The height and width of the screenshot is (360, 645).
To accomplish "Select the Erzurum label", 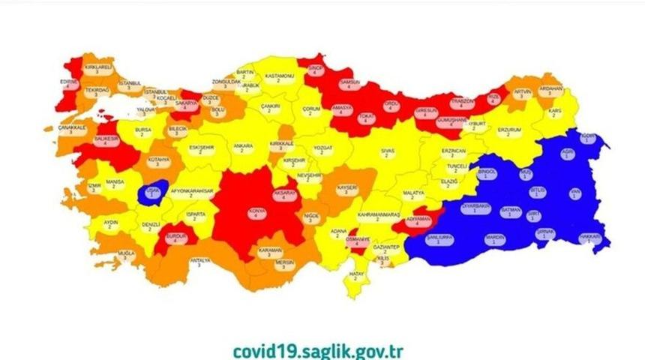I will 508,130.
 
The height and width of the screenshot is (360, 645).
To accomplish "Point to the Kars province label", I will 555,112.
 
